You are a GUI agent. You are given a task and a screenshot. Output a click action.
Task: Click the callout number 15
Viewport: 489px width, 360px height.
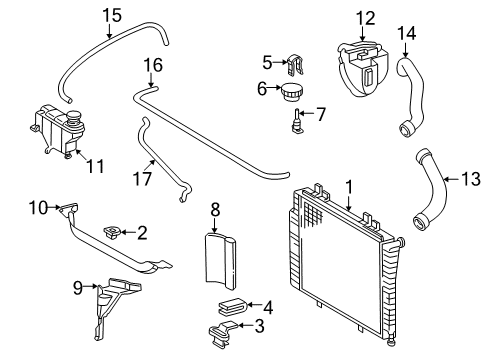click(x=112, y=16)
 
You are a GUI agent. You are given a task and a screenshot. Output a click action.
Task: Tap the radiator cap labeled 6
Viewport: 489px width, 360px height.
click(x=292, y=92)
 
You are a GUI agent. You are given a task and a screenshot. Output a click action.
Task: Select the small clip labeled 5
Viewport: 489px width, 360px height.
click(x=295, y=64)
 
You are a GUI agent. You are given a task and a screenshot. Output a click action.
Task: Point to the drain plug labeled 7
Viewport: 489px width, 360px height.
click(x=297, y=121)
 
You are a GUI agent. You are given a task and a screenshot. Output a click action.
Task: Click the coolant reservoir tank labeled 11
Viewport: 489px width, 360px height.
click(x=57, y=130)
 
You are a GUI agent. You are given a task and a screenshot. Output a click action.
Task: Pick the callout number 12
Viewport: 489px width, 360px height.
click(x=366, y=18)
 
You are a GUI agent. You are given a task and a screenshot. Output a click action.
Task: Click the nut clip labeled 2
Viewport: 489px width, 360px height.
click(x=111, y=232)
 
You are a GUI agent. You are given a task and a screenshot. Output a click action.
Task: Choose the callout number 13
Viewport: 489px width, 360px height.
click(x=471, y=179)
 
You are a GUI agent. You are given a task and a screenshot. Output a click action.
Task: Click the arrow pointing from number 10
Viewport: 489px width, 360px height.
click(x=53, y=208)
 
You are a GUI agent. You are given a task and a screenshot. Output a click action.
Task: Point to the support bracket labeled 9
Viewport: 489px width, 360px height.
click(x=117, y=308)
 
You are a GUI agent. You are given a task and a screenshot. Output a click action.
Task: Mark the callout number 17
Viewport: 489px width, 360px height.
click(x=142, y=178)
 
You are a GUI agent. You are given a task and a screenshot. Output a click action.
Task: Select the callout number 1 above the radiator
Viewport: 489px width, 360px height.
click(x=349, y=187)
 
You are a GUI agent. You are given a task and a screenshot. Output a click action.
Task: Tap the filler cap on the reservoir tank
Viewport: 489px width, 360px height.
click(x=74, y=118)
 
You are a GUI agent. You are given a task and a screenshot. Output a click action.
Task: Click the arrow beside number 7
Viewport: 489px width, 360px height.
click(x=307, y=113)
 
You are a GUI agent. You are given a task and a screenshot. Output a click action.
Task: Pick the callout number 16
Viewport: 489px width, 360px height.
click(x=153, y=65)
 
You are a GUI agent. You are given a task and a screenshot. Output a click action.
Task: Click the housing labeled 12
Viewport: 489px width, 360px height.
click(x=362, y=68)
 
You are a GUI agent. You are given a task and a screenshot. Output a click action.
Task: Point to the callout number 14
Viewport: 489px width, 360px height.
click(x=407, y=33)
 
